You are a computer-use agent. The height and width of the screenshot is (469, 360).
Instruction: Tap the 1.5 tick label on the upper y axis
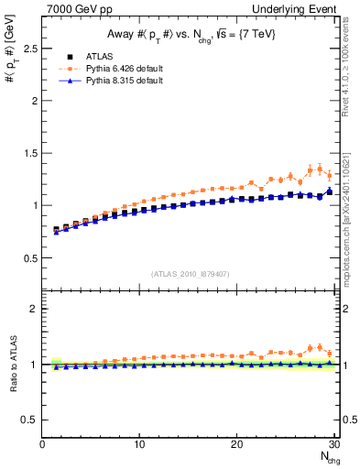coord(28,153)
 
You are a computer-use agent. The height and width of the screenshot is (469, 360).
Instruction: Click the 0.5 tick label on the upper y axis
coord(28,256)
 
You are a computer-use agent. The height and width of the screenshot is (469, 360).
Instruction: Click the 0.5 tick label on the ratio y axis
coord(28,420)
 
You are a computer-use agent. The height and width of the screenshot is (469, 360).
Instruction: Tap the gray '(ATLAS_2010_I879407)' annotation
coord(189,272)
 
